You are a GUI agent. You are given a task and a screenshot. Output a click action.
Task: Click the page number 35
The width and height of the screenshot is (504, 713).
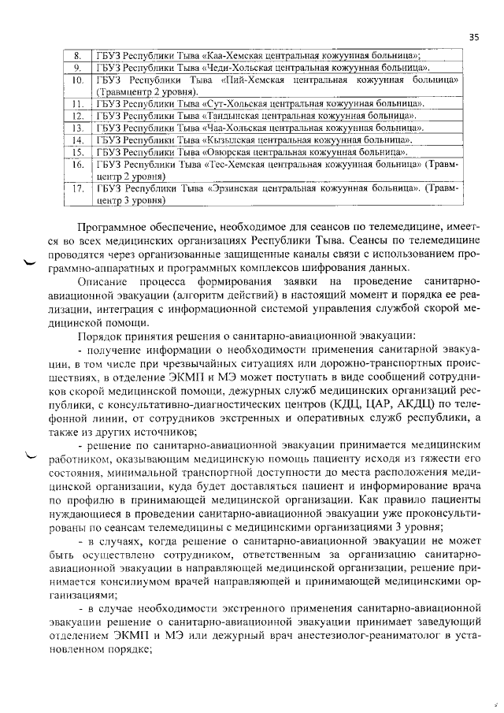[473, 36]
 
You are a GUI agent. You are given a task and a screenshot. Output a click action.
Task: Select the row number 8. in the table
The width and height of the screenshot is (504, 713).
[77, 56]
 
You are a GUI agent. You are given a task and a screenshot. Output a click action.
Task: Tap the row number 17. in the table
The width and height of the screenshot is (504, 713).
[77, 189]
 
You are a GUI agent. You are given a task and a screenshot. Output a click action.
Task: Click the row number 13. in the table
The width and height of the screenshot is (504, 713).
[77, 128]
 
